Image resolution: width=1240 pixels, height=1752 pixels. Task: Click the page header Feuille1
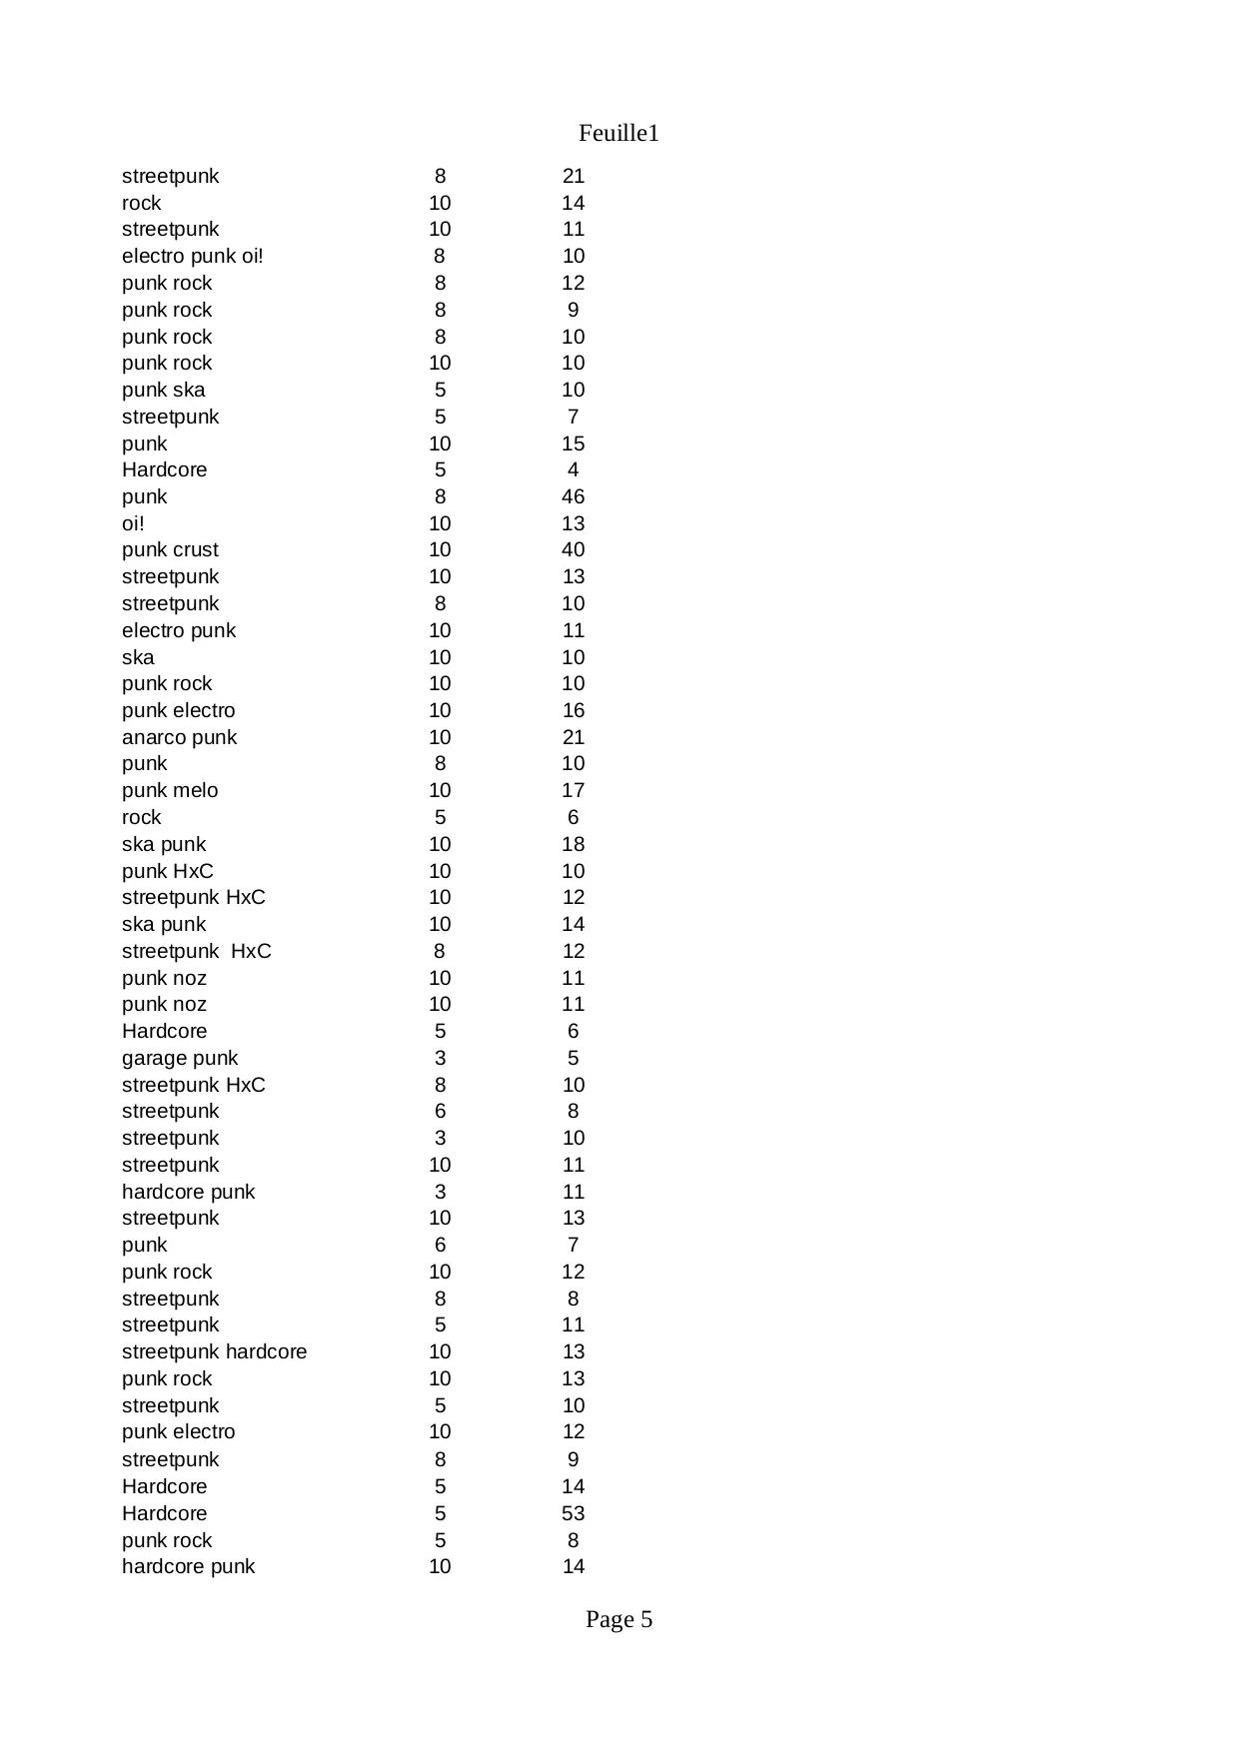click(x=619, y=133)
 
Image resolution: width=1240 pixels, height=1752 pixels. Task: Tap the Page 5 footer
click(x=619, y=1619)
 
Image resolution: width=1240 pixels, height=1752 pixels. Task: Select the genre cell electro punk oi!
click(x=193, y=256)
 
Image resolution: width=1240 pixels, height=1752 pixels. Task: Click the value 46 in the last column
click(x=573, y=496)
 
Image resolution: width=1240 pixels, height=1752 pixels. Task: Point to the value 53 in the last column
click(x=573, y=1513)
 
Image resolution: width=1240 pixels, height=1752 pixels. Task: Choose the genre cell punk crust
click(x=170, y=549)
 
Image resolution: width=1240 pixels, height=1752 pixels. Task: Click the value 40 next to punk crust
click(x=573, y=549)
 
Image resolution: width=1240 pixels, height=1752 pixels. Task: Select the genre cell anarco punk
click(x=179, y=737)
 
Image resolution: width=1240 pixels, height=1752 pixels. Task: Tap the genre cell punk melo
click(x=170, y=790)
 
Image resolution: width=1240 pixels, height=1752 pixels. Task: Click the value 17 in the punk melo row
click(x=573, y=790)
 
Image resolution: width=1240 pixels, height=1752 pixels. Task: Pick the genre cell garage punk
click(x=180, y=1058)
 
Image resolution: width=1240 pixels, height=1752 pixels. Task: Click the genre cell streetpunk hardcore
click(x=214, y=1351)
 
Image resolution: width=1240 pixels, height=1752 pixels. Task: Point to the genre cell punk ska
click(x=163, y=390)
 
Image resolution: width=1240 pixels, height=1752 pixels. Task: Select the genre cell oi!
click(x=133, y=523)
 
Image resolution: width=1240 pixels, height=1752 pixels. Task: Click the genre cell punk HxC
click(x=167, y=871)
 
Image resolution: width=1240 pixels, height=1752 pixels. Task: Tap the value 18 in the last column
click(x=573, y=844)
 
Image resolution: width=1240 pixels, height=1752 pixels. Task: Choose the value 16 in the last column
click(x=573, y=710)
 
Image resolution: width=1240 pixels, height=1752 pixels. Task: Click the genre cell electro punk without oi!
click(x=179, y=630)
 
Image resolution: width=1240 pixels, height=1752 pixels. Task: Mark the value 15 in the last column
click(x=573, y=443)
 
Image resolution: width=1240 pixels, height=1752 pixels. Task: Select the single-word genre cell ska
click(x=138, y=657)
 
